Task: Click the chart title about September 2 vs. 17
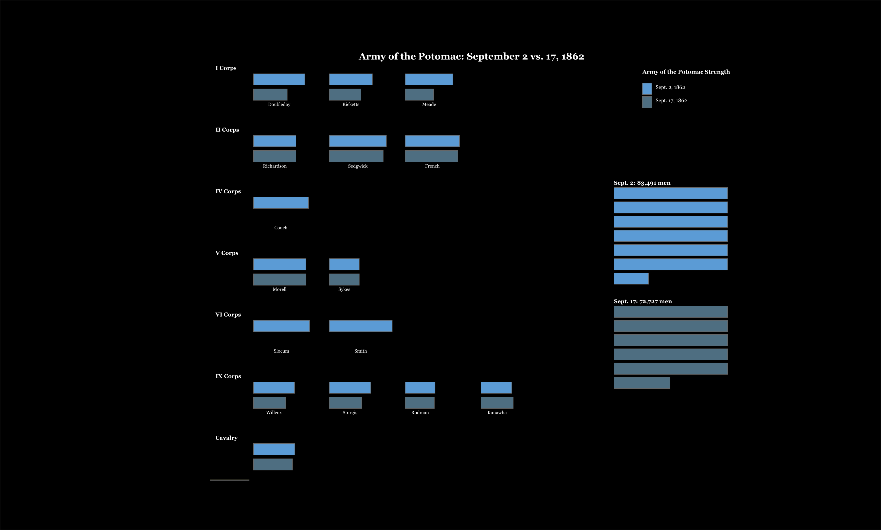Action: click(471, 56)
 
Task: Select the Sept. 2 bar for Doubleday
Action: click(279, 79)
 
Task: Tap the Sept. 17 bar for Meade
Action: click(419, 95)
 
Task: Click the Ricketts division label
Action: click(350, 104)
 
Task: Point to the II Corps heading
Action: click(227, 130)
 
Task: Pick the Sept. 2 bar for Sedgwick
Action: click(358, 141)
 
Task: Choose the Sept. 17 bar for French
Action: click(431, 156)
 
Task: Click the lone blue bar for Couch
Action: click(281, 203)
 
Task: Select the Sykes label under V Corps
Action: click(344, 289)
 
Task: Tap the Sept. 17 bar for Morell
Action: click(279, 279)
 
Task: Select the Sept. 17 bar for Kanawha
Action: click(497, 402)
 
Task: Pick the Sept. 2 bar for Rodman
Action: click(420, 387)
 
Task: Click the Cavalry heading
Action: click(226, 438)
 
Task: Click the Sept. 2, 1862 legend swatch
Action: click(647, 89)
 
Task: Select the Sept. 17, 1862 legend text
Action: click(671, 100)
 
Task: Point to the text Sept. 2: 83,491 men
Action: click(642, 183)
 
